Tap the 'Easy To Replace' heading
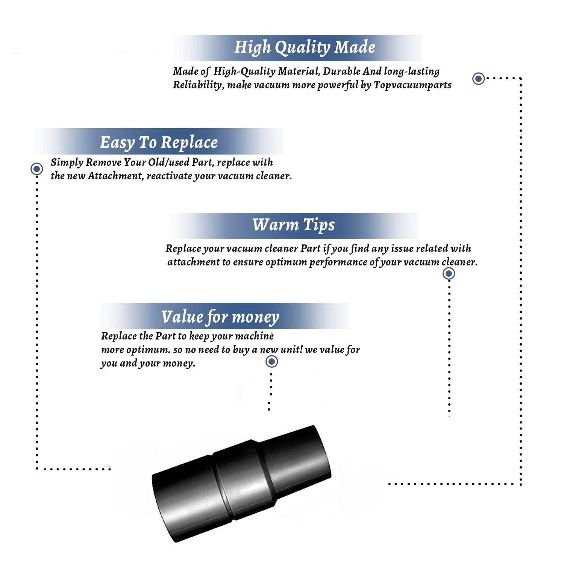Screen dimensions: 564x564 point(159,143)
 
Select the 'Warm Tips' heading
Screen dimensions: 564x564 point(293,225)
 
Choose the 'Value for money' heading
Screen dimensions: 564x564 point(220,317)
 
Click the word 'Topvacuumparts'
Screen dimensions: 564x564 point(412,85)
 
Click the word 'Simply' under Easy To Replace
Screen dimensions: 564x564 point(67,162)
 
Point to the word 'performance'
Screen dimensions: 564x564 point(338,262)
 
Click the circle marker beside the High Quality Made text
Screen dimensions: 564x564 point(478,79)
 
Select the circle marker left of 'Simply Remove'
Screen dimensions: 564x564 point(36,169)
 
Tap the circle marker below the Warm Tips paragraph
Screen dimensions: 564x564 point(449,273)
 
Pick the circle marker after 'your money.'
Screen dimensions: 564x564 point(271,362)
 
